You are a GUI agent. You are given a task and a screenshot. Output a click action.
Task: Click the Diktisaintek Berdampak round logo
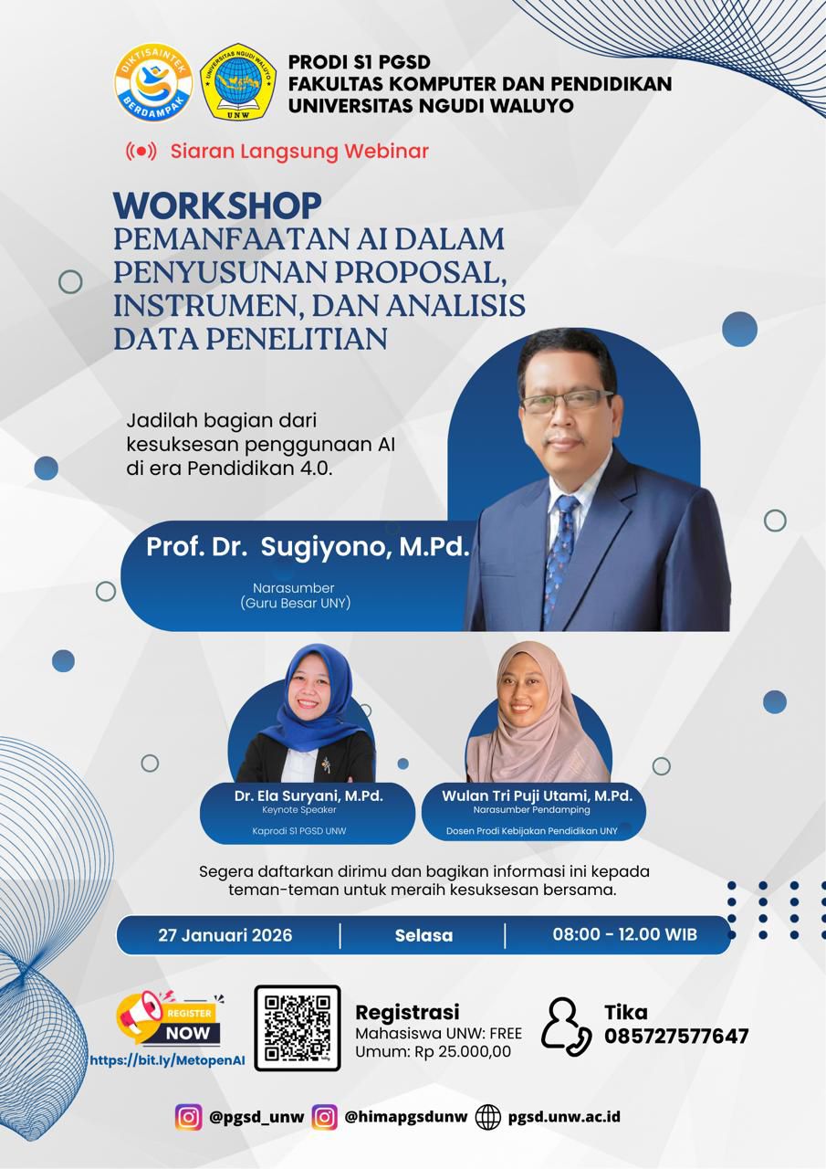(x=152, y=83)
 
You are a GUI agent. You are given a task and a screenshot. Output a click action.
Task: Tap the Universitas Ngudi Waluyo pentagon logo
(x=238, y=82)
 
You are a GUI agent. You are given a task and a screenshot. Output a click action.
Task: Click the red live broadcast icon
(x=141, y=152)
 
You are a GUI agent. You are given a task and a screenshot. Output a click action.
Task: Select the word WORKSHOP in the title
(x=217, y=205)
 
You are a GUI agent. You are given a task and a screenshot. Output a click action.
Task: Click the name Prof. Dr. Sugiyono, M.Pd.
(x=308, y=547)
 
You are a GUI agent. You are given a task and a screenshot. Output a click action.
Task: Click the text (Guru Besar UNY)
(x=295, y=603)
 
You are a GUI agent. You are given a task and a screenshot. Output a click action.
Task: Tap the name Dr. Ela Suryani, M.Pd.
(x=308, y=795)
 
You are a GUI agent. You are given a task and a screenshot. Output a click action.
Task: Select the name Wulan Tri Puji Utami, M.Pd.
(x=537, y=795)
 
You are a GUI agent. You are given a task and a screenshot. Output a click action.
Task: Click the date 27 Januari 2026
(x=225, y=935)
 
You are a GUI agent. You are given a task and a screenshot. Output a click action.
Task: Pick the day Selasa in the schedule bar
(x=423, y=935)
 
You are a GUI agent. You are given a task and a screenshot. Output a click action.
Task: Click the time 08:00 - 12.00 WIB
(x=624, y=934)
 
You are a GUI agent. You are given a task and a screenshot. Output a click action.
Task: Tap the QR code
(x=297, y=1027)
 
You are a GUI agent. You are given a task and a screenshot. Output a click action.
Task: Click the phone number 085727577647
(x=676, y=1037)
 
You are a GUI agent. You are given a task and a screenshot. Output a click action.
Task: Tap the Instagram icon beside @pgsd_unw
(x=189, y=1116)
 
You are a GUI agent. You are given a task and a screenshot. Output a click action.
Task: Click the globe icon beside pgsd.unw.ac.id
(x=488, y=1116)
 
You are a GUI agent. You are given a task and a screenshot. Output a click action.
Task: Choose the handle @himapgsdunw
(x=405, y=1116)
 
